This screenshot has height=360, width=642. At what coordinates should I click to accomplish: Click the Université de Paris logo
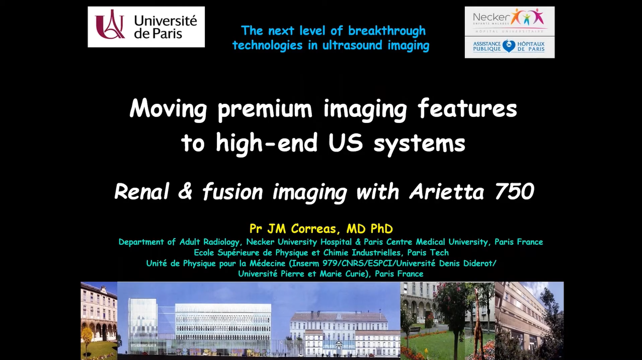(x=146, y=27)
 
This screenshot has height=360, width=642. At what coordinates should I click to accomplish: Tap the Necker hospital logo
(x=510, y=21)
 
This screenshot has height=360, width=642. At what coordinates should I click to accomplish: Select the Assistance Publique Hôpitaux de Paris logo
(x=510, y=47)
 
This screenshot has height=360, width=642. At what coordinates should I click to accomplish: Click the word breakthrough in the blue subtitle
(x=386, y=31)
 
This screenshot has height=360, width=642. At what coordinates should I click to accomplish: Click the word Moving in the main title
(x=168, y=109)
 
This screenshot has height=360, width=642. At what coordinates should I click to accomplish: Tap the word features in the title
(x=467, y=108)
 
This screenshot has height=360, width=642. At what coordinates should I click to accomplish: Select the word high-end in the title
(x=267, y=142)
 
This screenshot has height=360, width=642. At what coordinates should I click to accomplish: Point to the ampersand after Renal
(x=185, y=191)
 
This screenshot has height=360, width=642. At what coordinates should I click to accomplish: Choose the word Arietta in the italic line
(x=447, y=191)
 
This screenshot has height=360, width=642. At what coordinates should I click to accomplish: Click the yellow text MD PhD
(x=369, y=229)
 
